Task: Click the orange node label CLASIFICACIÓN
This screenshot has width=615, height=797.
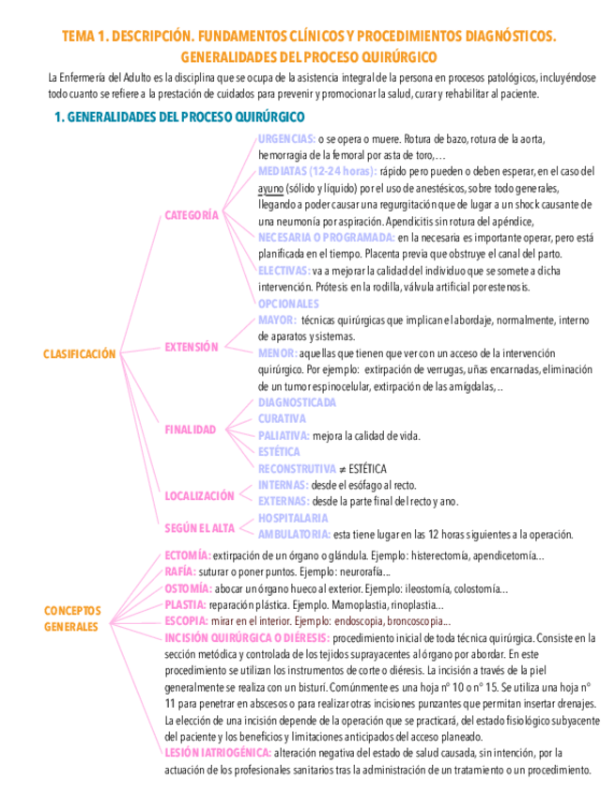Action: tap(80, 354)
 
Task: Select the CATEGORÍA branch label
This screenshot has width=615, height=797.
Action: tap(192, 215)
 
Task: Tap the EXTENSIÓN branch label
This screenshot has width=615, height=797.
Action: tap(192, 347)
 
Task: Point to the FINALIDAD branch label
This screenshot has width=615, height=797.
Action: tap(191, 430)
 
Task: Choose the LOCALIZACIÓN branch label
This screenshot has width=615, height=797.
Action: tap(199, 495)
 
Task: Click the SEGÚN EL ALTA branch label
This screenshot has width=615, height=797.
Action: tap(199, 528)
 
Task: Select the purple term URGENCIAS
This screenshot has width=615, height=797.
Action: tap(286, 138)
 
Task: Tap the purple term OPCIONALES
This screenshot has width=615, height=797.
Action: tap(288, 304)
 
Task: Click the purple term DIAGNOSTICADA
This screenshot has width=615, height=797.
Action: tap(297, 402)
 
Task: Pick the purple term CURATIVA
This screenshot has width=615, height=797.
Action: tap(282, 418)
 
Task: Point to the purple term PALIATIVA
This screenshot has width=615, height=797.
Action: tap(284, 435)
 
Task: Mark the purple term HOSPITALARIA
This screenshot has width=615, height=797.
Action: tap(293, 518)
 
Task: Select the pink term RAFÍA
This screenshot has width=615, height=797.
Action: tap(180, 571)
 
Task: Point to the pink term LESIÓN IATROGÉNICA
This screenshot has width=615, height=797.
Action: tap(218, 753)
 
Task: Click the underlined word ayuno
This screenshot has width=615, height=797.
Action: tap(271, 188)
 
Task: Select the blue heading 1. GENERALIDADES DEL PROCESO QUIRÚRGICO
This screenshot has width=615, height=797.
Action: tap(179, 117)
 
